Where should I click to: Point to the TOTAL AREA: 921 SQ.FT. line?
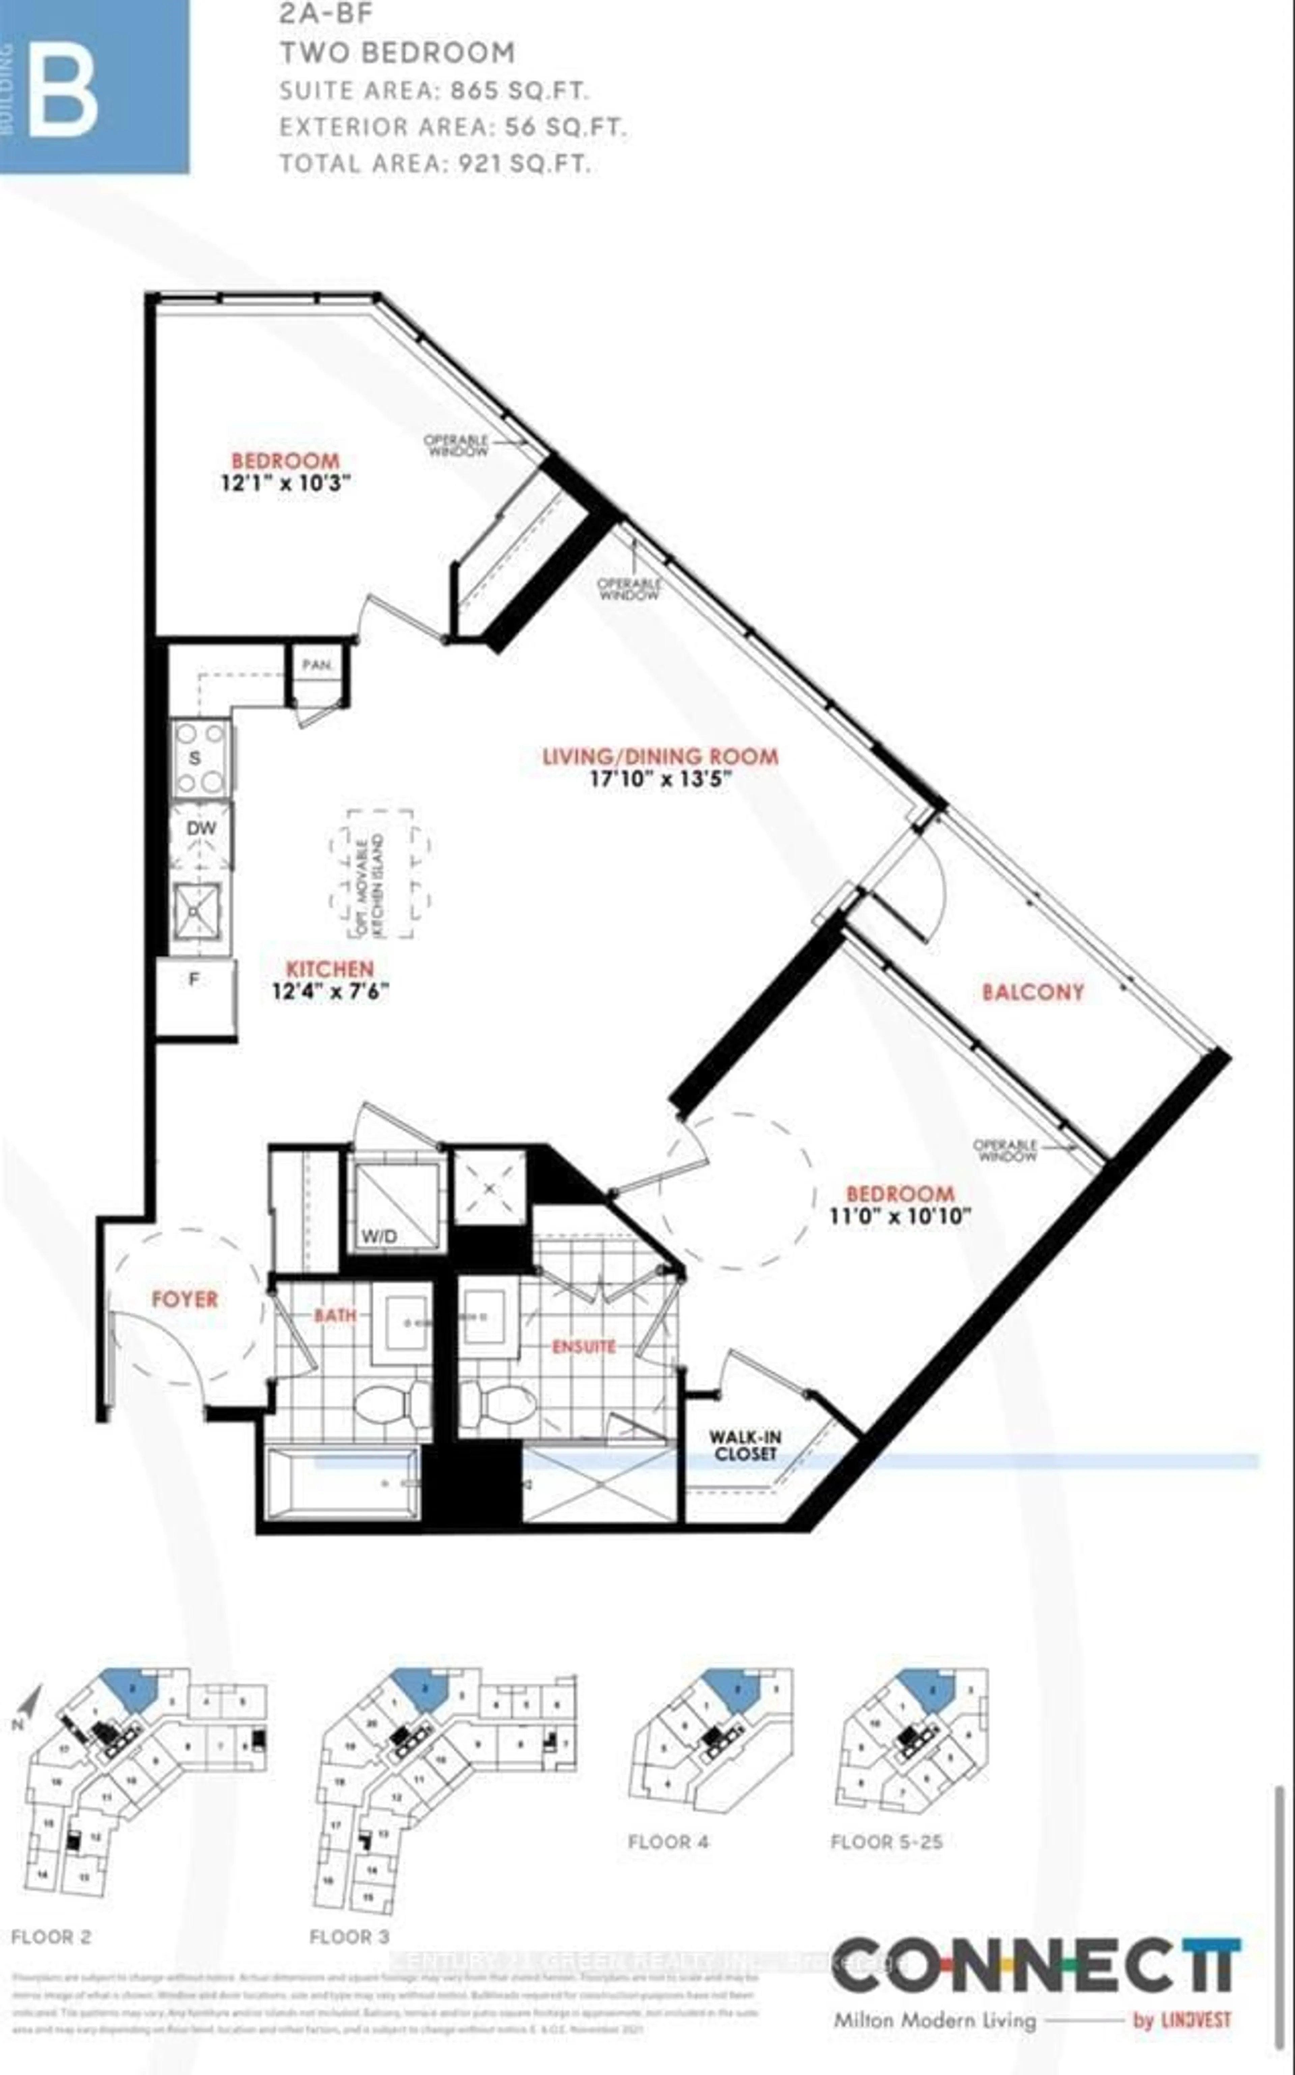[x=435, y=164]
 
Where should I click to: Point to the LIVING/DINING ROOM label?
[x=660, y=756]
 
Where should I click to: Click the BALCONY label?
[x=1033, y=992]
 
